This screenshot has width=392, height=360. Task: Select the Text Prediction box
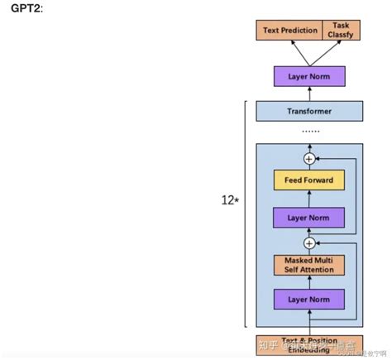pos(289,31)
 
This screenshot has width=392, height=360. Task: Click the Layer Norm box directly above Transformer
pos(308,77)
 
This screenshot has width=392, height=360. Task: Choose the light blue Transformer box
pos(308,110)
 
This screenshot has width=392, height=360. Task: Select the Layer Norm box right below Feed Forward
pos(308,218)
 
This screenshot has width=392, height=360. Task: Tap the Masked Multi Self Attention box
pos(308,265)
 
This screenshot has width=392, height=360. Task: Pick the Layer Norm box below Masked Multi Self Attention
pos(308,299)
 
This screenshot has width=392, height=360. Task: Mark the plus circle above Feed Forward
pos(309,158)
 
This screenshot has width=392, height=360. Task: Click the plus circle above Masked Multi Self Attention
pos(309,242)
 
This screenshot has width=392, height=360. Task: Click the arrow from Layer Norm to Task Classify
pos(325,54)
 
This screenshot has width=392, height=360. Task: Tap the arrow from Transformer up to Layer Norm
pos(308,94)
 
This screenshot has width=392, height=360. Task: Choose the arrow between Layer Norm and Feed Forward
pos(308,200)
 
